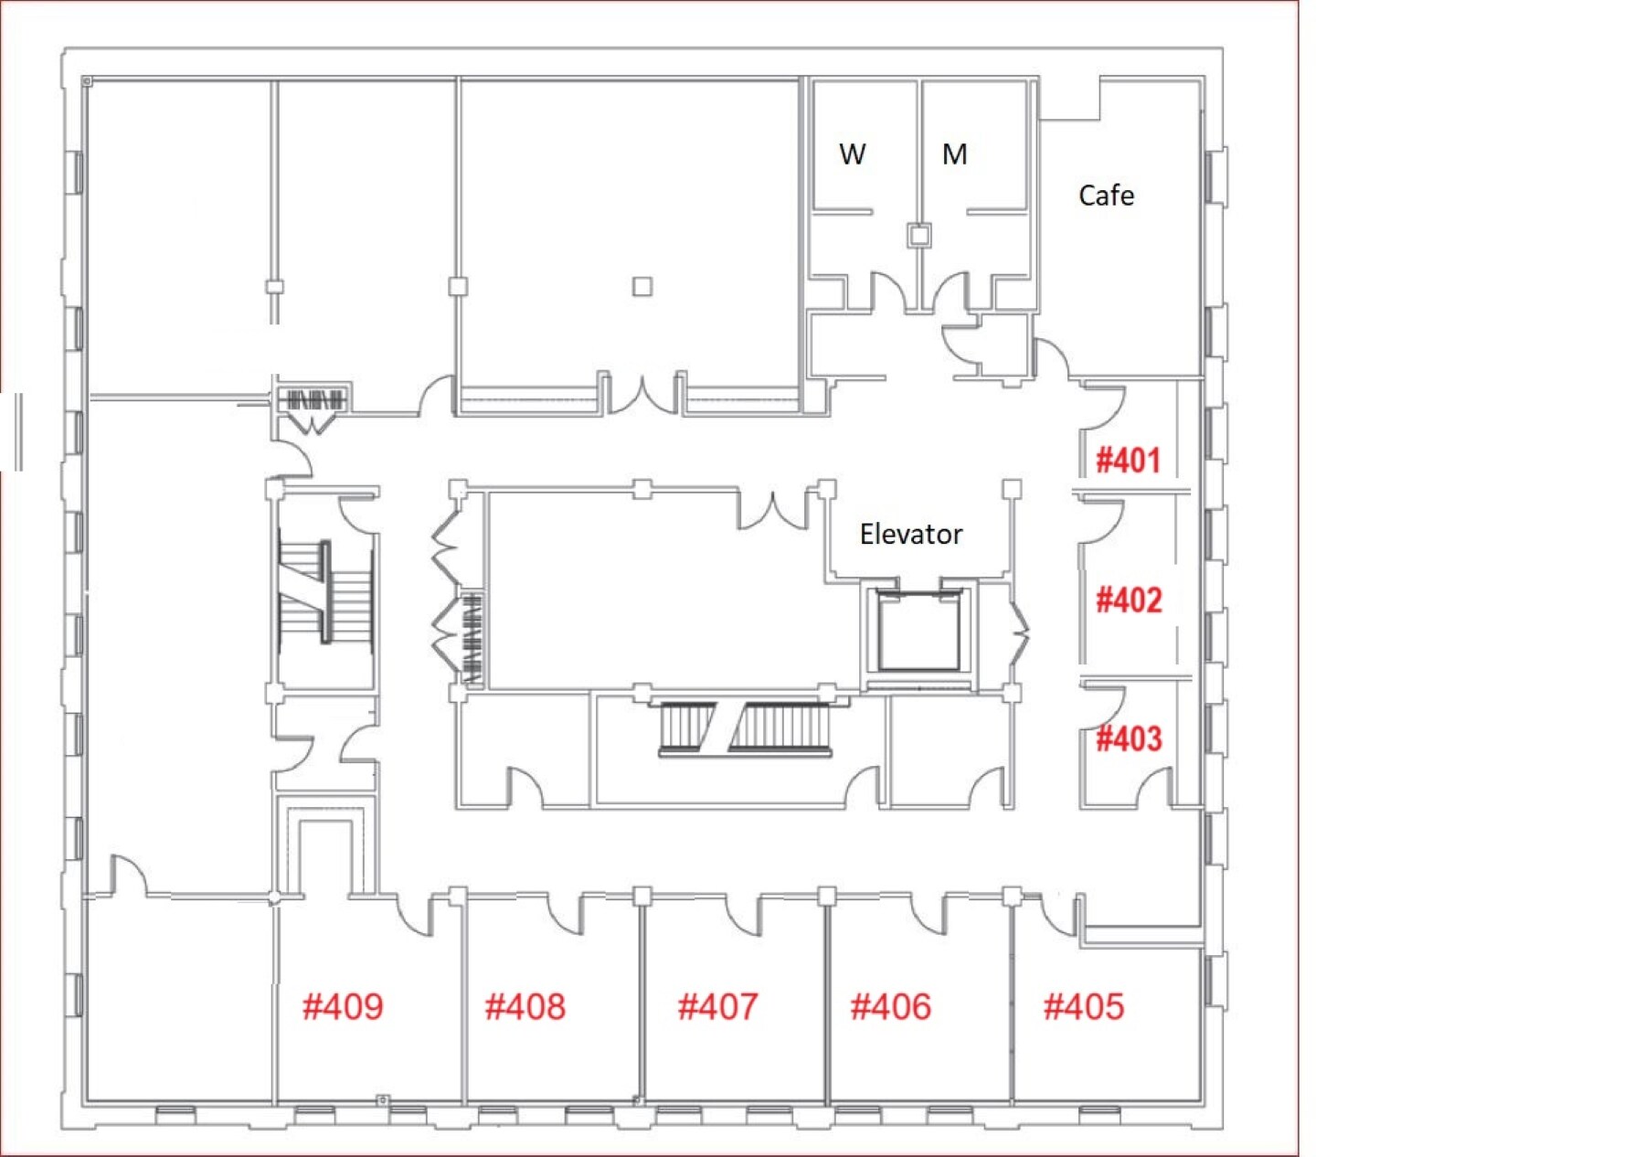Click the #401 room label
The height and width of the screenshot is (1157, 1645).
1129,460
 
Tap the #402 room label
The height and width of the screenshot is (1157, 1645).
1129,600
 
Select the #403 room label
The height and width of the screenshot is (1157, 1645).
1129,738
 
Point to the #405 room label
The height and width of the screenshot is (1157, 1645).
1084,1007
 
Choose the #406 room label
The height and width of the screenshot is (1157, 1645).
891,1007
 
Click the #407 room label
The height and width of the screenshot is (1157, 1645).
717,1007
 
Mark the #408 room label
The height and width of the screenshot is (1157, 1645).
525,1007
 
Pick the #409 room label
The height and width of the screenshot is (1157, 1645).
343,1007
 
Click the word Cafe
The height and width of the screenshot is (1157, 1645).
1106,196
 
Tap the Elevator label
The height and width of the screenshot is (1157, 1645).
911,535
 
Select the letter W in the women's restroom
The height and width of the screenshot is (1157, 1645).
852,154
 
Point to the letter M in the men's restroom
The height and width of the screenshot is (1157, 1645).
954,154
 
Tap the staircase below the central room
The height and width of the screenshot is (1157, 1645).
746,728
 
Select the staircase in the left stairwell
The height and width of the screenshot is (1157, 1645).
325,591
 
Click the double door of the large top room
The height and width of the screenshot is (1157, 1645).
643,395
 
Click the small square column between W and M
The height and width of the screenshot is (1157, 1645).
919,236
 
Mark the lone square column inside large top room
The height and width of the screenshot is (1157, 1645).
642,287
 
